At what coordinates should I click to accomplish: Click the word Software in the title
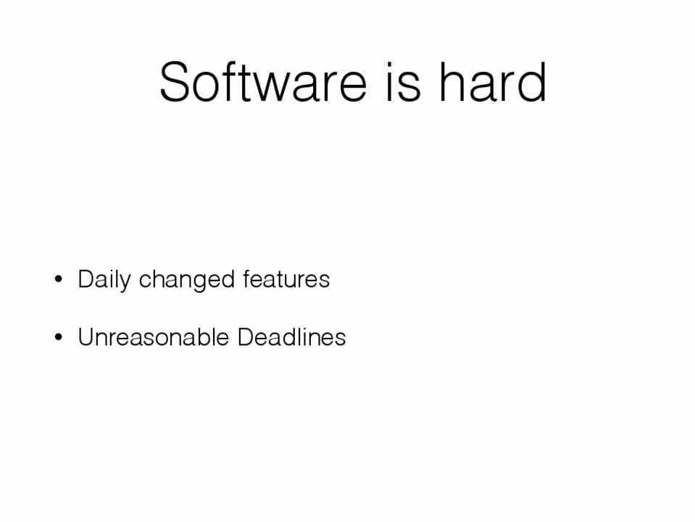263,82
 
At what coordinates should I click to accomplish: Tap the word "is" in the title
403,82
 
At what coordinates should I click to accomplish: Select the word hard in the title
492,82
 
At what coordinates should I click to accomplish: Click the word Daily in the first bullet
104,280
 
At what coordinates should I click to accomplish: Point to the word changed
186,280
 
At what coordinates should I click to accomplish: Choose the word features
286,279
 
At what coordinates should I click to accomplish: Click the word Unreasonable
154,337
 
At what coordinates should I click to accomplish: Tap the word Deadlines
291,337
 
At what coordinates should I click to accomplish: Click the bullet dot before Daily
58,280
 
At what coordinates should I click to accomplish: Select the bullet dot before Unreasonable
58,338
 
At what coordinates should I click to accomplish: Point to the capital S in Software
175,82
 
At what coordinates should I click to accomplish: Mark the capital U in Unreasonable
86,337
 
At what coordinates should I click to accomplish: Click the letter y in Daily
125,284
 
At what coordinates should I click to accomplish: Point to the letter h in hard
451,82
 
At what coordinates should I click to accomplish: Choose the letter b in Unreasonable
197,337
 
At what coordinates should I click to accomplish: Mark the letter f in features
246,279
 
